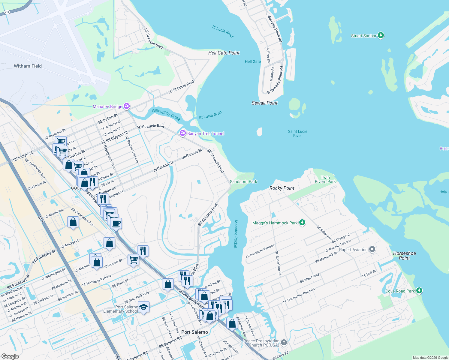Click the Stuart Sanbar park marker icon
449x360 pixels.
(x=381, y=35)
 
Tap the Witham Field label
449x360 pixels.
(x=28, y=66)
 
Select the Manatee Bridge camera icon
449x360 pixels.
(x=127, y=106)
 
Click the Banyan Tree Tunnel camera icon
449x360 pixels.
(x=183, y=133)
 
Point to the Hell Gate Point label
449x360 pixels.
(x=224, y=53)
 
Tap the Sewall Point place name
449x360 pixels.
(x=264, y=103)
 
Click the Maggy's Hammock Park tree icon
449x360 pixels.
(x=302, y=223)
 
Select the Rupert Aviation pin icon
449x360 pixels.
(x=372, y=249)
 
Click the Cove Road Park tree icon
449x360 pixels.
(x=419, y=291)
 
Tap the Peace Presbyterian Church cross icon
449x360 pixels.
(x=284, y=343)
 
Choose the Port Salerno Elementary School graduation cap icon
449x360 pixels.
(x=143, y=307)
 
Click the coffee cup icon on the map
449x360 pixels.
(x=116, y=223)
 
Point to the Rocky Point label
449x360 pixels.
(x=282, y=188)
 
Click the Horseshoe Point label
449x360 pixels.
(x=404, y=256)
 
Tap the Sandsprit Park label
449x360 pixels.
(x=243, y=181)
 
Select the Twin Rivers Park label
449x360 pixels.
(x=325, y=179)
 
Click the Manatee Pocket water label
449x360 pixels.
(x=236, y=234)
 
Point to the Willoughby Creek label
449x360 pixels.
(x=166, y=115)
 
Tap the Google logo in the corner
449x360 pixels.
(x=10, y=356)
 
